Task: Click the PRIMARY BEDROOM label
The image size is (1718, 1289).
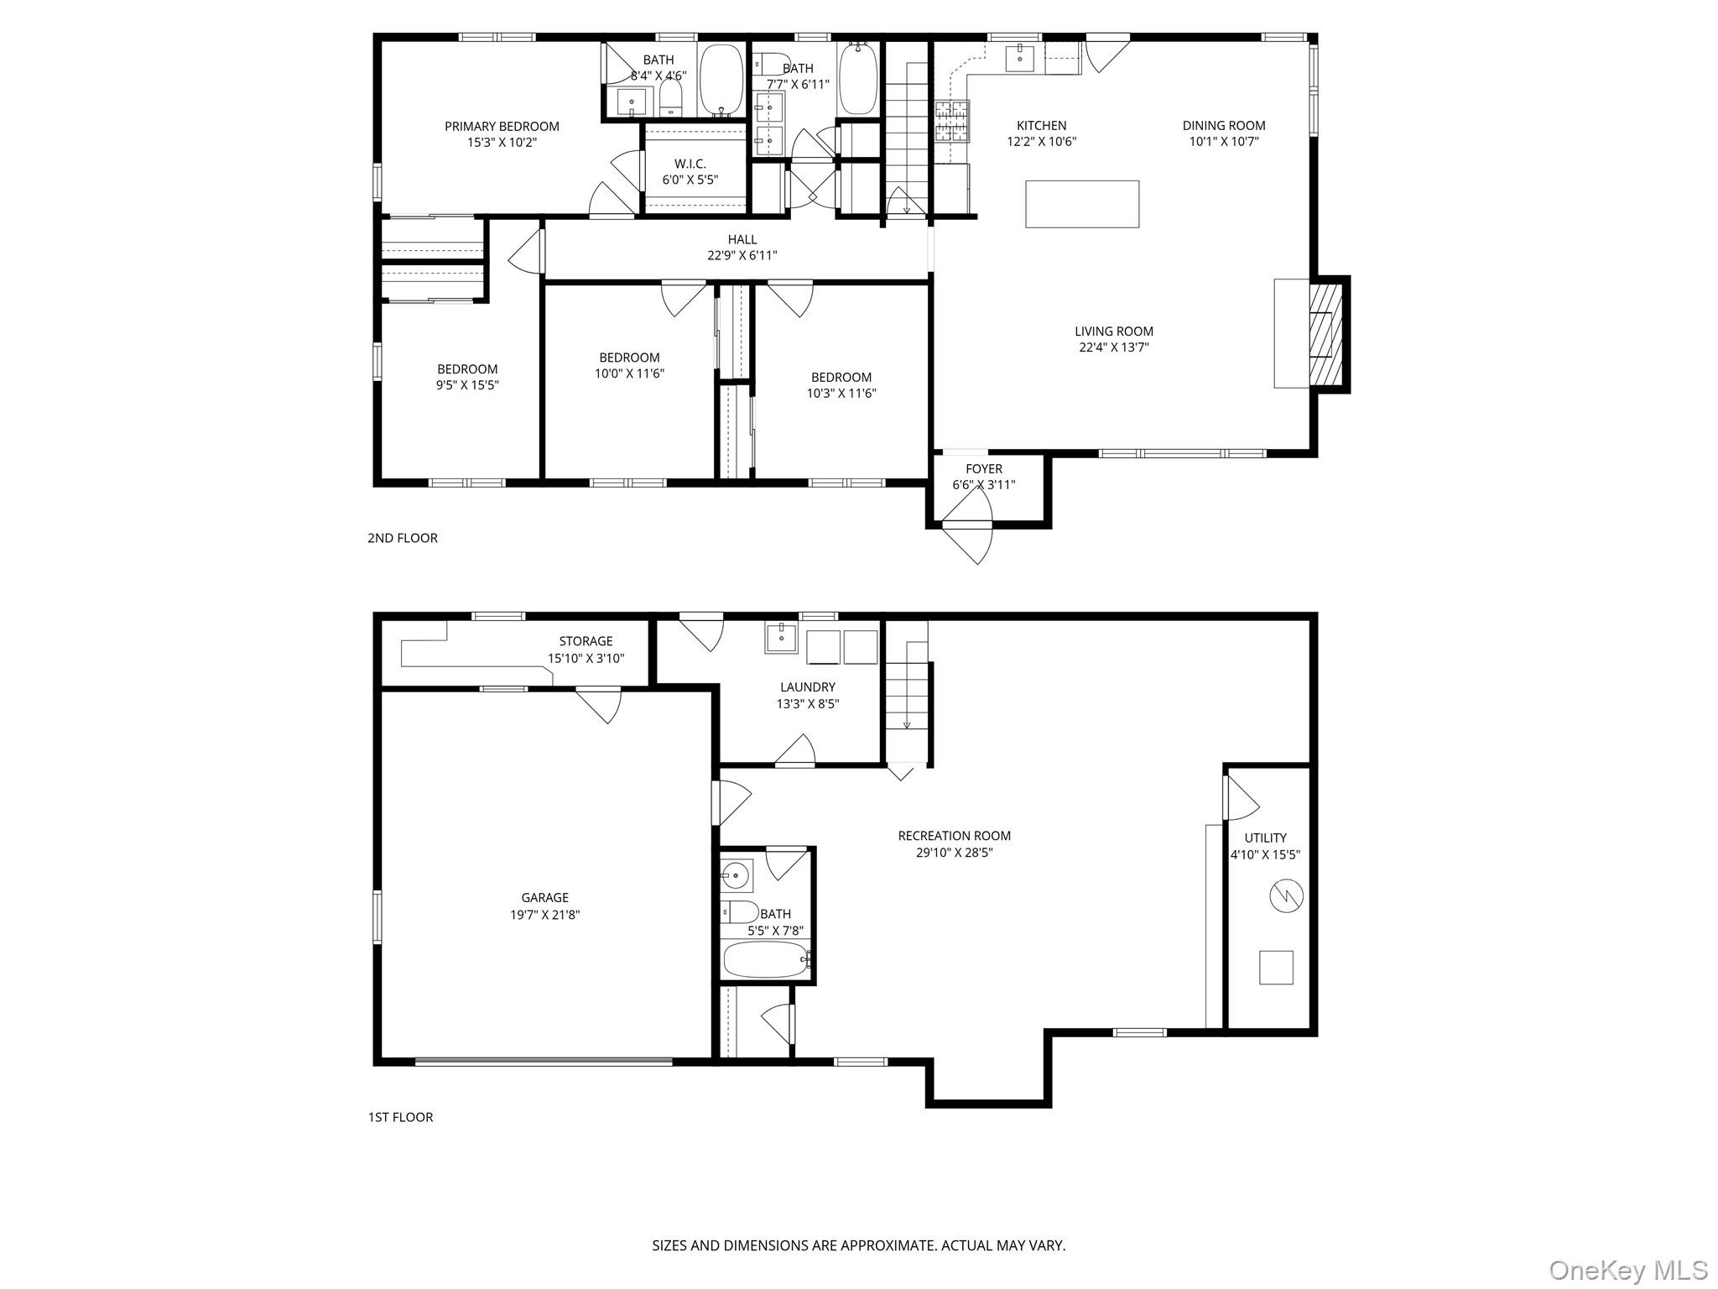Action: click(502, 127)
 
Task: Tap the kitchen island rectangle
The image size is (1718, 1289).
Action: click(1082, 204)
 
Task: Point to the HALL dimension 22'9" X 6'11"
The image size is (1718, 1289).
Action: click(742, 256)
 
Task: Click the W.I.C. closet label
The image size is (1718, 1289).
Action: click(690, 164)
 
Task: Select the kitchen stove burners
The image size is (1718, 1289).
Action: click(952, 121)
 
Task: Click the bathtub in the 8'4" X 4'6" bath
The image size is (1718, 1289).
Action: click(721, 79)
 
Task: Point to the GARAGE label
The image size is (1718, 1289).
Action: click(544, 898)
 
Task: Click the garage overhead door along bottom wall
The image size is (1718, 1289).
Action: click(544, 1062)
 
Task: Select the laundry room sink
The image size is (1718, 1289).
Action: click(782, 637)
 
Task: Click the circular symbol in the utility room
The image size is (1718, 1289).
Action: click(1286, 896)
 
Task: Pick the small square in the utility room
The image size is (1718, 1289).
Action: click(1276, 968)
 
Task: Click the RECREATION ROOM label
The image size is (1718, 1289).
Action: click(954, 836)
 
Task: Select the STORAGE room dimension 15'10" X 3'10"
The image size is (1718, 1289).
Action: click(586, 659)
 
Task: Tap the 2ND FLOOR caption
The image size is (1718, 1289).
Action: click(402, 538)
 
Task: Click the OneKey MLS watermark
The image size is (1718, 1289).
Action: click(1627, 1270)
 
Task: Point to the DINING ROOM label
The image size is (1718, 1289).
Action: click(1224, 126)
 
